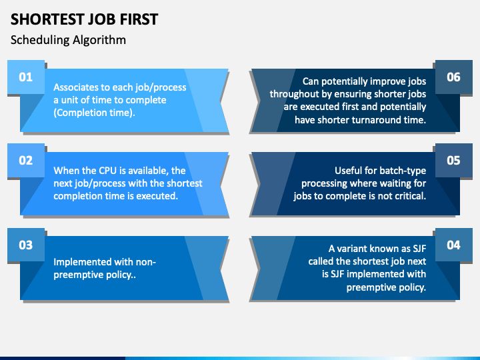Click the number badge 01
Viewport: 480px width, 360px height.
[25, 77]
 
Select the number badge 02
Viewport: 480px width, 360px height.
[25, 160]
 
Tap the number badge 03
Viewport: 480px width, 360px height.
[25, 245]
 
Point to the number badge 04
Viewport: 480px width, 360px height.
[453, 245]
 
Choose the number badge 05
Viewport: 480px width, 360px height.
[453, 160]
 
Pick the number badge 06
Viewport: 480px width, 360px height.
[453, 77]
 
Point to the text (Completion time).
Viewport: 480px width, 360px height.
[94, 113]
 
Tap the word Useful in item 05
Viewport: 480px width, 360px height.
[350, 171]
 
